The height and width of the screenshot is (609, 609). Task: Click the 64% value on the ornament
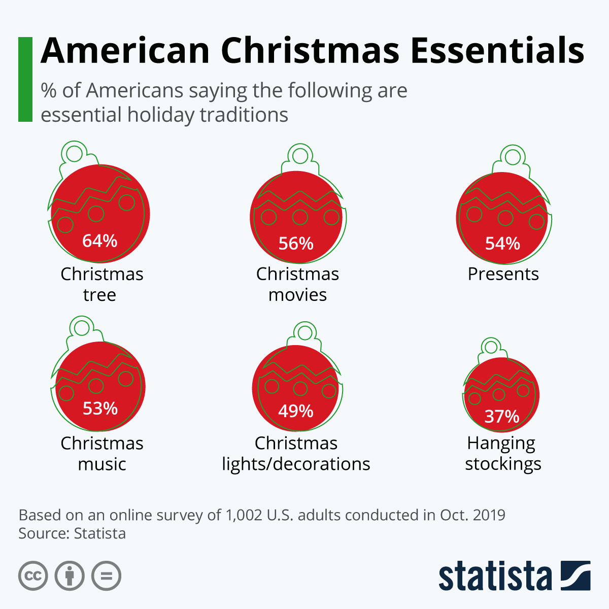point(99,241)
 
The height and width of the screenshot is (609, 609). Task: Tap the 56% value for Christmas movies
point(296,244)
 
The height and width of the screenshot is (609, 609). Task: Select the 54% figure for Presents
point(502,244)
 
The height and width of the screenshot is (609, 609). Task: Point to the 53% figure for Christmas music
point(100,409)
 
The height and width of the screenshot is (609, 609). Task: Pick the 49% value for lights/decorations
point(296,411)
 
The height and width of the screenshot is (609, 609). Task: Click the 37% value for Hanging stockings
point(502,416)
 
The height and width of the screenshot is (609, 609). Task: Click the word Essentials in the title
point(497,51)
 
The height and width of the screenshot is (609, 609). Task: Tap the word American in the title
point(125,51)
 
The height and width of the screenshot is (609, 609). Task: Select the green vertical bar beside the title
point(25,79)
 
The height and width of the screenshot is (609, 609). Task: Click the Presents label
point(503,274)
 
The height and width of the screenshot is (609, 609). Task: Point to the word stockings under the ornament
point(503,464)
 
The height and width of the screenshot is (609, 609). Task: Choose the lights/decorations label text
point(296,464)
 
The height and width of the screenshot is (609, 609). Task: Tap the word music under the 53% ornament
point(102,464)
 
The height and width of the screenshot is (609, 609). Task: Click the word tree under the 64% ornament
point(99,295)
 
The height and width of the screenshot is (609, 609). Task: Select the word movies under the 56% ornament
point(297,295)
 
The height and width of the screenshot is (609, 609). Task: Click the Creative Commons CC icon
point(33,576)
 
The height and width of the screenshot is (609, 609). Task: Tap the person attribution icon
point(70,576)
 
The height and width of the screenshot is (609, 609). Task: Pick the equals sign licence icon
point(106,576)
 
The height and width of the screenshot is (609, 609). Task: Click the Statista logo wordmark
point(495,576)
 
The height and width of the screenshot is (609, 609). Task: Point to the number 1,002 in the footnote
point(244,516)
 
